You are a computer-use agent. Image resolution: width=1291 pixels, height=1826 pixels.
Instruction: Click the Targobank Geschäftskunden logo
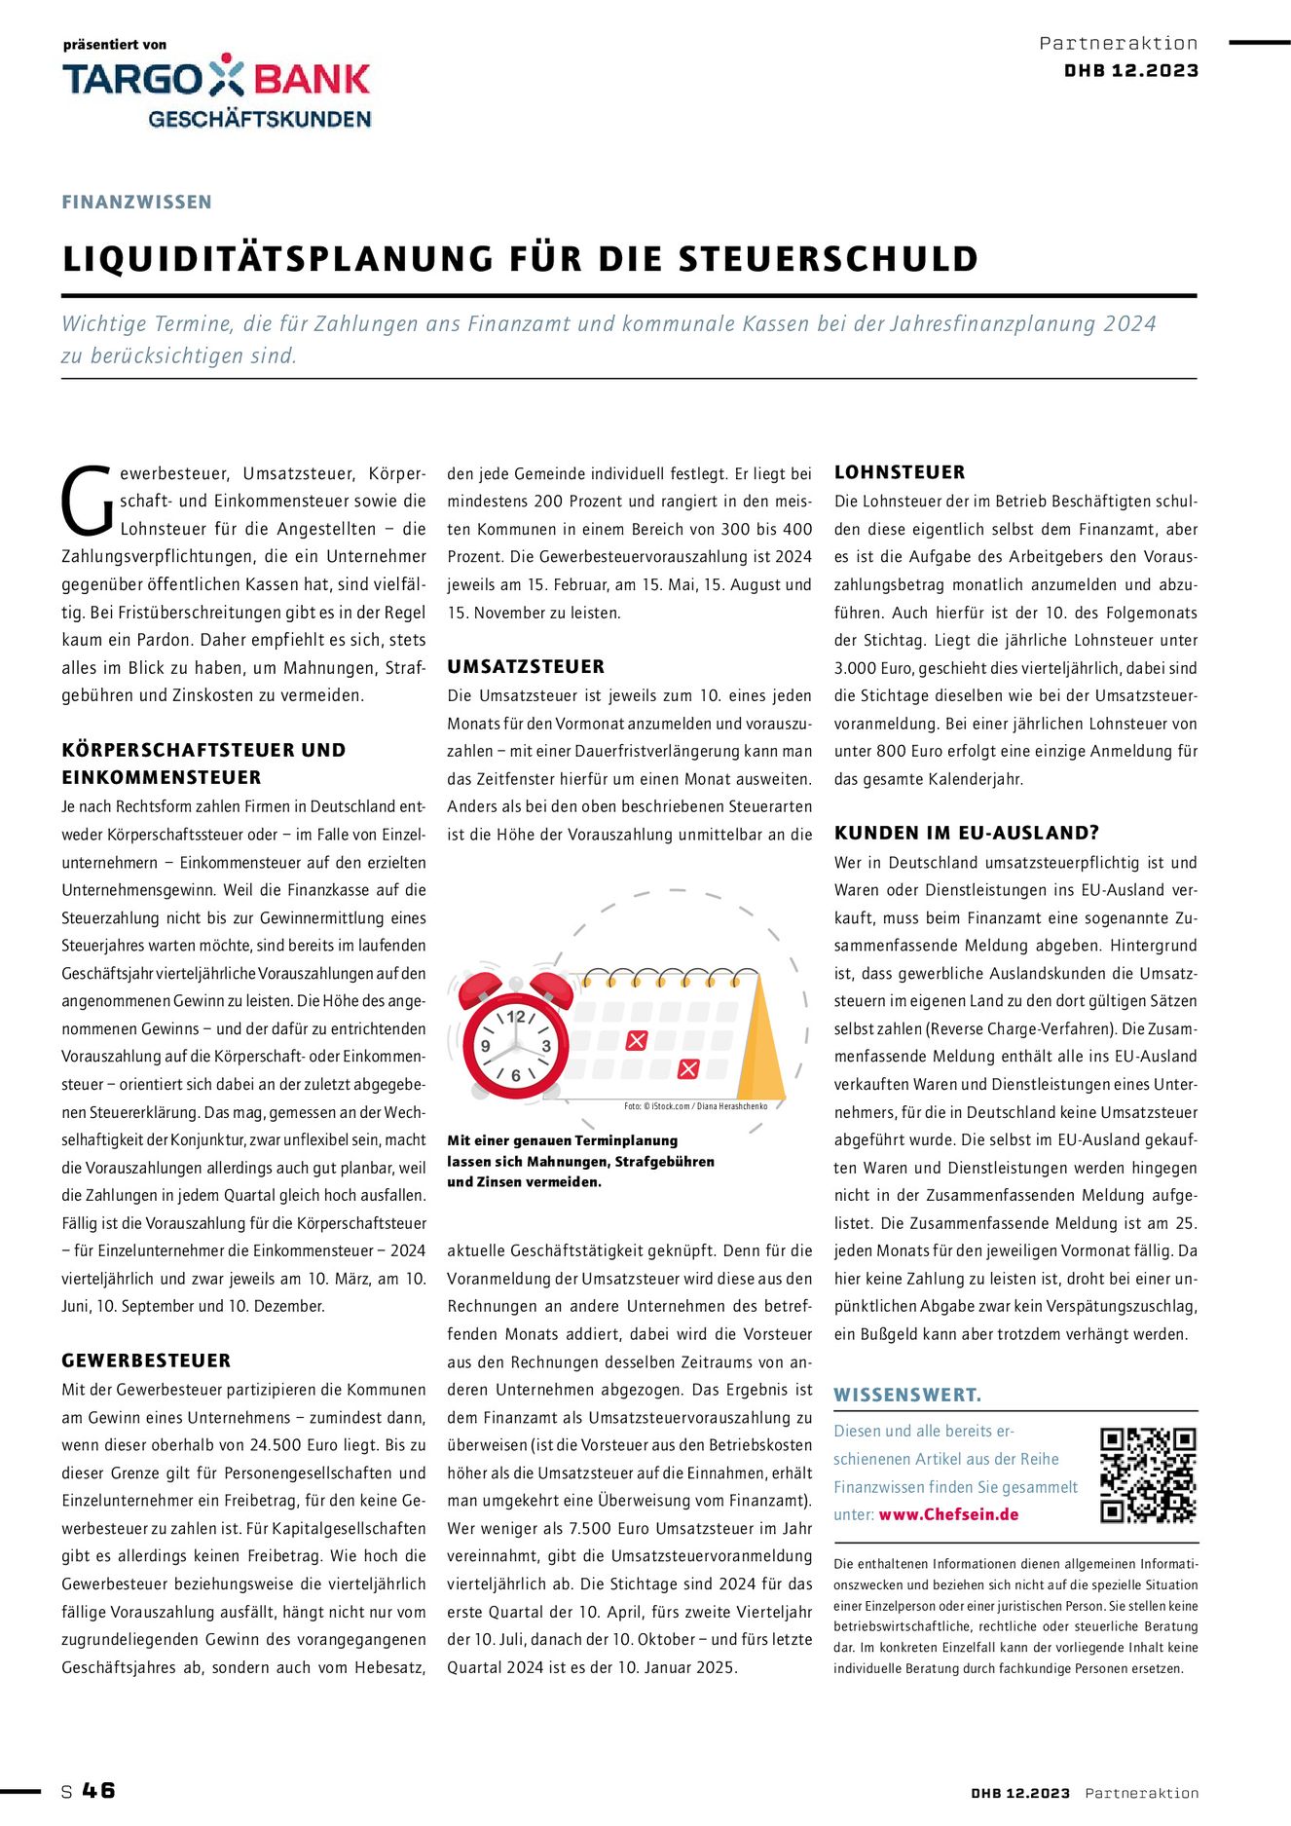click(216, 91)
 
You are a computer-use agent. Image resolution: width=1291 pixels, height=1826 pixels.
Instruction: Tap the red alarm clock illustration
click(515, 1036)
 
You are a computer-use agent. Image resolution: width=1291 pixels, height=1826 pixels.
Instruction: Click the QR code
click(1147, 1475)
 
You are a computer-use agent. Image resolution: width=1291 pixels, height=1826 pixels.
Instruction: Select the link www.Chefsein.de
click(948, 1514)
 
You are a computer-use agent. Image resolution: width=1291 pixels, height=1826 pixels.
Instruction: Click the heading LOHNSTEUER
click(900, 472)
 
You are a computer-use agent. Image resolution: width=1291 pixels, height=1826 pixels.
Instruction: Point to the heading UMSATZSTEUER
click(526, 667)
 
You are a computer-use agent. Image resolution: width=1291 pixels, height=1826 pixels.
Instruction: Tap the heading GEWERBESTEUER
click(146, 1360)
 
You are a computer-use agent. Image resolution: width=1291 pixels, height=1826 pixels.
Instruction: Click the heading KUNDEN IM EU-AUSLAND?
click(967, 833)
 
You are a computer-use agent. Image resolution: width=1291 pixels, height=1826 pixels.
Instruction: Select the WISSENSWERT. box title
click(907, 1395)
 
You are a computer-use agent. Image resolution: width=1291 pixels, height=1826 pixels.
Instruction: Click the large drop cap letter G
click(88, 502)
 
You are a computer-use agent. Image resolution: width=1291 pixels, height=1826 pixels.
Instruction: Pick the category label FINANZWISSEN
click(136, 202)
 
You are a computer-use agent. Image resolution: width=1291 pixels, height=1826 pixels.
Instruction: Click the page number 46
click(98, 1790)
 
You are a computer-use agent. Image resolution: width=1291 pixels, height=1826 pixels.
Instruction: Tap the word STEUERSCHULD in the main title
click(829, 259)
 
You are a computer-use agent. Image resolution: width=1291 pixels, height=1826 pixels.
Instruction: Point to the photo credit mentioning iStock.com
click(695, 1106)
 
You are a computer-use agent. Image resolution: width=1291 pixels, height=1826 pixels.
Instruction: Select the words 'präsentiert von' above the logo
click(115, 45)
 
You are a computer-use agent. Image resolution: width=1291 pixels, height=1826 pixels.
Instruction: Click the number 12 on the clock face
click(516, 1017)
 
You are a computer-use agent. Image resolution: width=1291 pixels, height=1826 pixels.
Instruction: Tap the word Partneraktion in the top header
click(1119, 43)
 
